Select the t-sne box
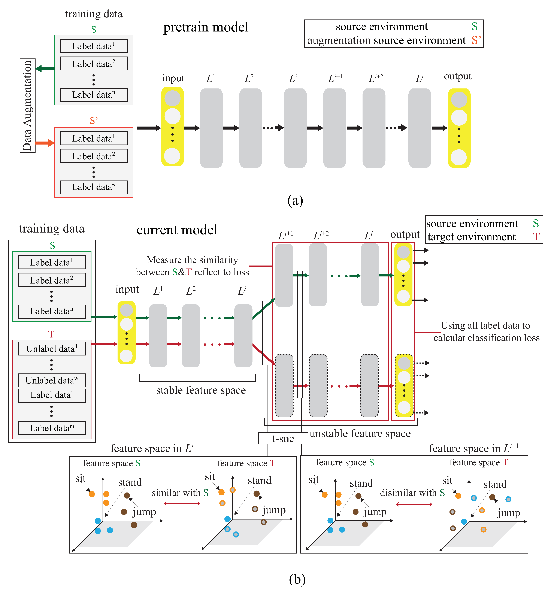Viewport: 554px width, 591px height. coord(283,439)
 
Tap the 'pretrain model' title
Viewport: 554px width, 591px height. coord(206,27)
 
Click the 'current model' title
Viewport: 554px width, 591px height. coord(177,230)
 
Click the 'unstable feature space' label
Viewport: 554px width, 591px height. coord(360,433)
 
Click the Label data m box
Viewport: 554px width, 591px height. coord(52,428)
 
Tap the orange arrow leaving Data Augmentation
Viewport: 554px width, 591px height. coord(45,143)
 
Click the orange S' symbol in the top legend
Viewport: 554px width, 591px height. coord(476,40)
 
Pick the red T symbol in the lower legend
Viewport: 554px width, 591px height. coord(536,237)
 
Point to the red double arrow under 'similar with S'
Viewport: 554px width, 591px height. coord(182,504)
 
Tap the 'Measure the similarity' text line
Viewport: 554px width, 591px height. coord(192,260)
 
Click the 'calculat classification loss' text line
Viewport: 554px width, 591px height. coord(487,338)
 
